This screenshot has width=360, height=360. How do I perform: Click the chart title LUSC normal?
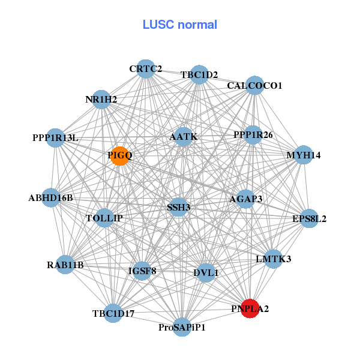point(179,25)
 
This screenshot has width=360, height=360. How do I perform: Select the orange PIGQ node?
point(120,156)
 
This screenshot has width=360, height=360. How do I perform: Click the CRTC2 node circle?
point(145,69)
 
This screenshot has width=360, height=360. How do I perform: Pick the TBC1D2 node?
point(199,75)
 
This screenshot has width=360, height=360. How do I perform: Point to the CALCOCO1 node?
point(254,85)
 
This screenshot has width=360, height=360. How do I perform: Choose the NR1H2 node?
point(101,99)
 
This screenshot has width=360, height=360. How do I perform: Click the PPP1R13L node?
point(55,138)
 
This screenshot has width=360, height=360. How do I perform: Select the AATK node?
point(183,137)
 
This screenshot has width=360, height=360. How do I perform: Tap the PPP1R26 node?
point(253,134)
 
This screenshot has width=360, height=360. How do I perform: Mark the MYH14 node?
point(304,155)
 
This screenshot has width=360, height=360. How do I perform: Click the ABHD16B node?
point(50,198)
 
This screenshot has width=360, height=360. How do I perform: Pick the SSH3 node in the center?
point(178,208)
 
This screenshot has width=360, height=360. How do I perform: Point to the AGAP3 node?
point(245,199)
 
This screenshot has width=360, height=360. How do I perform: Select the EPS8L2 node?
point(309,218)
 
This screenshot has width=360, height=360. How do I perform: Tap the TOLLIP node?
point(104,218)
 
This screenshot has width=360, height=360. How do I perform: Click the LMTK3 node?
point(273,259)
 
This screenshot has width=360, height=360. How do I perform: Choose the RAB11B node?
point(65,265)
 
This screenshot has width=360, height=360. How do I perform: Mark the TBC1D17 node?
point(113,313)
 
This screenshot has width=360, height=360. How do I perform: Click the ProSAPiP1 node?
point(182,328)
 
